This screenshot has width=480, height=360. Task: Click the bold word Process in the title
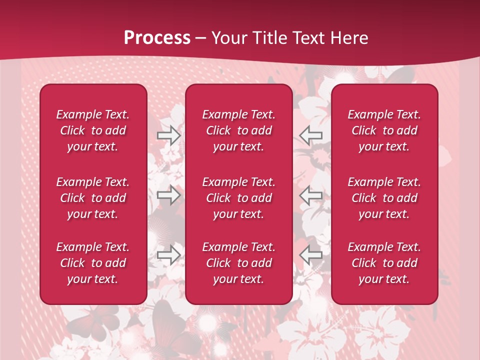157,38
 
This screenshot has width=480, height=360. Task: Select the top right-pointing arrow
168,135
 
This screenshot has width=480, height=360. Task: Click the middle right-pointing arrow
168,194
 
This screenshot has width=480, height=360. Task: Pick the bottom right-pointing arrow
168,255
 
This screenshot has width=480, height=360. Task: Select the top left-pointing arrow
311,135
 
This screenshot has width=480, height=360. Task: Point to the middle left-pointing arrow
311,194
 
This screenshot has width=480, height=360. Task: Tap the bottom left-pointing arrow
311,255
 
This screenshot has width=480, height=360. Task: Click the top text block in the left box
93,130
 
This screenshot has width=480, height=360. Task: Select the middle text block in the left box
93,198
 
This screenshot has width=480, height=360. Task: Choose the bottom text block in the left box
93,263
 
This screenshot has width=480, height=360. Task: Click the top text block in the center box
238,130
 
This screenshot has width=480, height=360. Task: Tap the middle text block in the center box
238,198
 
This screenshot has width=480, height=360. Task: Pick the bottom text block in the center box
238,263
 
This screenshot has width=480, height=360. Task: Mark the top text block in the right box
384,130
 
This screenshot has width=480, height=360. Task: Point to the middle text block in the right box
384,198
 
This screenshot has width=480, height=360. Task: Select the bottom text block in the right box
384,263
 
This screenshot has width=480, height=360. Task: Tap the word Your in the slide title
229,38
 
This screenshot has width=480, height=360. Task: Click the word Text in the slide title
308,38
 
